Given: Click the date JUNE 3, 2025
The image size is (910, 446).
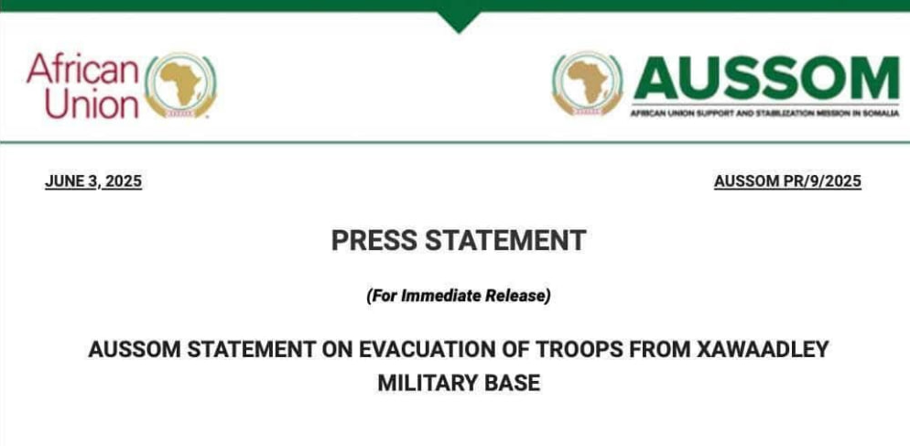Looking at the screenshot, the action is coord(93,181).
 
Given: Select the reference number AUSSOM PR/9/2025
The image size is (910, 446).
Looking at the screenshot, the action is coord(787,181).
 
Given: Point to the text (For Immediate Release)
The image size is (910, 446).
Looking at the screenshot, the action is coord(458,296).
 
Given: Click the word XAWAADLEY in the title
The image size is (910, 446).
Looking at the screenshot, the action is coord(763,349).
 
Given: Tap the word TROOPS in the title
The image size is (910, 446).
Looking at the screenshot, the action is coord(577,349).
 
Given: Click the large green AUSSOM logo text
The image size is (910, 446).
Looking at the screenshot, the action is coord(766,79).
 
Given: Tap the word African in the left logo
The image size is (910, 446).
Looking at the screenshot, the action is coord(82,69).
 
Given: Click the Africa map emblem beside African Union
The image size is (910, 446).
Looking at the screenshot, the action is coord(180,85).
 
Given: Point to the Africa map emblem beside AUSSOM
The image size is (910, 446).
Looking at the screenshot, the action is coord(588,83).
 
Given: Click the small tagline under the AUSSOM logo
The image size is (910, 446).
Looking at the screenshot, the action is coord(765,113).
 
